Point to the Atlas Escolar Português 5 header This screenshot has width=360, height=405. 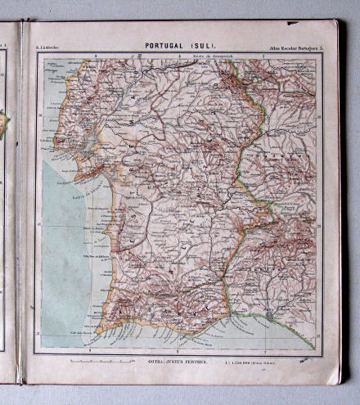coord(295,49)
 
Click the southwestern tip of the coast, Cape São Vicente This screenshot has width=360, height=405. coord(96,331)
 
